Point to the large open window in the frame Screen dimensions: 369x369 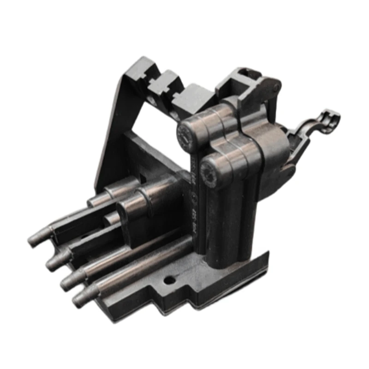pyautogui.click(x=148, y=120)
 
